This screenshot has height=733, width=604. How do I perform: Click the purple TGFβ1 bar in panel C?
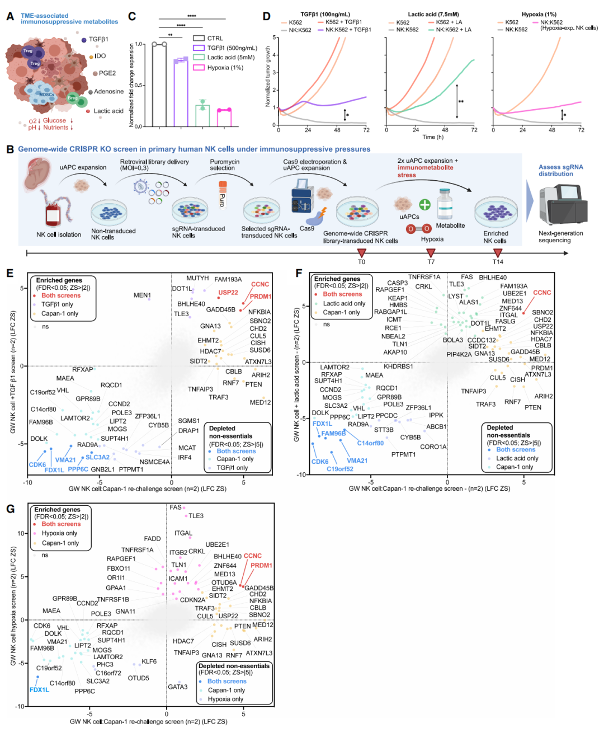pos(180,92)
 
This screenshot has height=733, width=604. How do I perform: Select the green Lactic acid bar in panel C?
pos(202,115)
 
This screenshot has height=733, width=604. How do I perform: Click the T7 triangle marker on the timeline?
pos(431,253)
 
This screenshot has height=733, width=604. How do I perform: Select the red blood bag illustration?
pos(53,214)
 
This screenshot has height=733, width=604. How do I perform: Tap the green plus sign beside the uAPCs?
pos(425,204)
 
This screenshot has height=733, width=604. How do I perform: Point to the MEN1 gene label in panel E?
pos(142,295)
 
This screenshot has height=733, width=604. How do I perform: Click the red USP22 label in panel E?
pos(228,293)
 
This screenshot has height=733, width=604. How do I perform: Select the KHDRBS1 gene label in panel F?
pos(398,366)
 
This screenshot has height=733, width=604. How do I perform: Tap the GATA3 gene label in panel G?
pos(178,687)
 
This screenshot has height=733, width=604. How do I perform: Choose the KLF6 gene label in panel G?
pos(149,661)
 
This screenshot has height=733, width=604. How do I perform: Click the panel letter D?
pos(267,17)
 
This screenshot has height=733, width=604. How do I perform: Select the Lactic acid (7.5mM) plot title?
pos(433,15)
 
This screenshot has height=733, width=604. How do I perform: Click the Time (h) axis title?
pos(433,137)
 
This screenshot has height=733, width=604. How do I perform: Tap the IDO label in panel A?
pos(100,56)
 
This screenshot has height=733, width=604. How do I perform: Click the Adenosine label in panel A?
pos(108,91)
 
